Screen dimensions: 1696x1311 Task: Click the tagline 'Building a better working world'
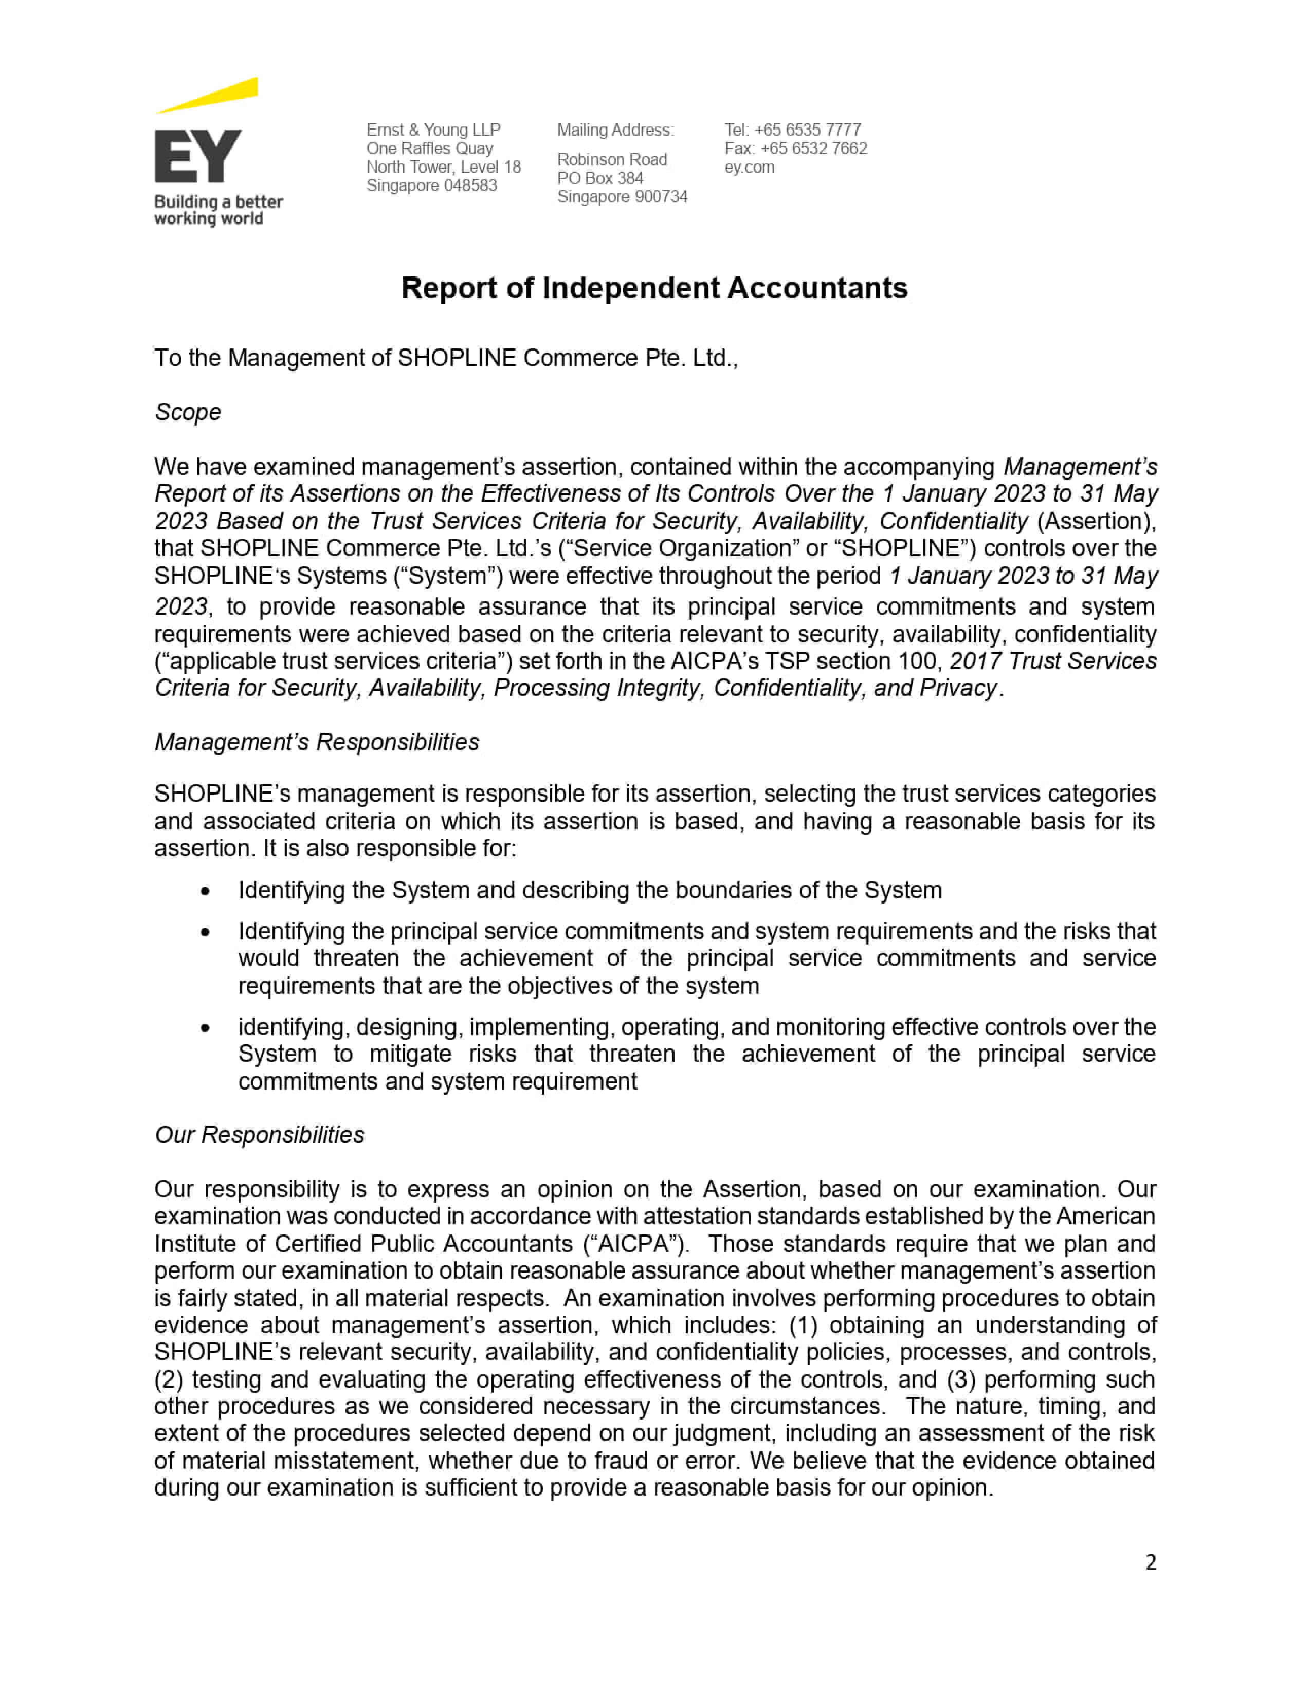pos(218,210)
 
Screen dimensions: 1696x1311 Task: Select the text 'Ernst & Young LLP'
pos(433,130)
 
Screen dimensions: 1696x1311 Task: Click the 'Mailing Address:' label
pos(615,130)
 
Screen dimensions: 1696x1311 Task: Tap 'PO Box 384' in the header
pos(599,178)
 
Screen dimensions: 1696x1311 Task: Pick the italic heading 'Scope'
pos(188,412)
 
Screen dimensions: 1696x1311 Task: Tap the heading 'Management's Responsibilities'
pos(317,743)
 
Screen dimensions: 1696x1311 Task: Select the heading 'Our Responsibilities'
pos(260,1135)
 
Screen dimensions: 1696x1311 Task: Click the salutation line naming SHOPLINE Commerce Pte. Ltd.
pos(446,358)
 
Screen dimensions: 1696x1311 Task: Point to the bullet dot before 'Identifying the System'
pos(205,892)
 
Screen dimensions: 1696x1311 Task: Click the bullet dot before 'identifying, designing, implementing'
pos(205,1028)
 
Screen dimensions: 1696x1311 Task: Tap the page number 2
pos(1150,1562)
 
